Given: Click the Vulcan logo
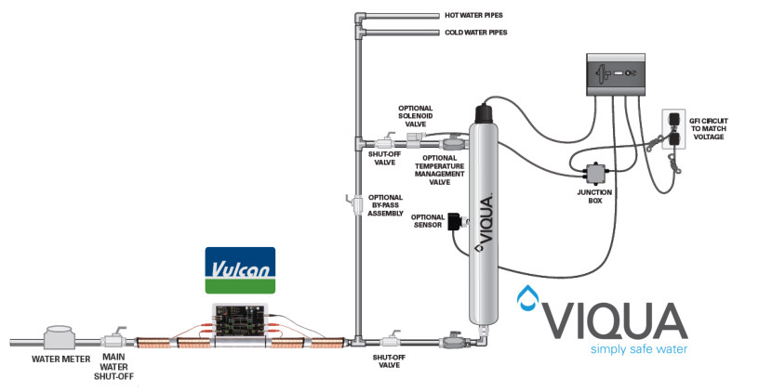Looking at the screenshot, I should click(x=240, y=270).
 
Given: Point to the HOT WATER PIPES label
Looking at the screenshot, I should click(x=481, y=16).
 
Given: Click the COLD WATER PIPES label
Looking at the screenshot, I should click(x=482, y=33).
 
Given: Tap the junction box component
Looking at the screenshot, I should click(x=591, y=174).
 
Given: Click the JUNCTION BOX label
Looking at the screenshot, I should click(x=595, y=196).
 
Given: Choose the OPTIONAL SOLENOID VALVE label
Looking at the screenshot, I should click(x=415, y=116).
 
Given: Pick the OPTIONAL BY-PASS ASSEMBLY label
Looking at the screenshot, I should click(x=384, y=204).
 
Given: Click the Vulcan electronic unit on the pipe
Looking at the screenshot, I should click(x=240, y=321).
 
